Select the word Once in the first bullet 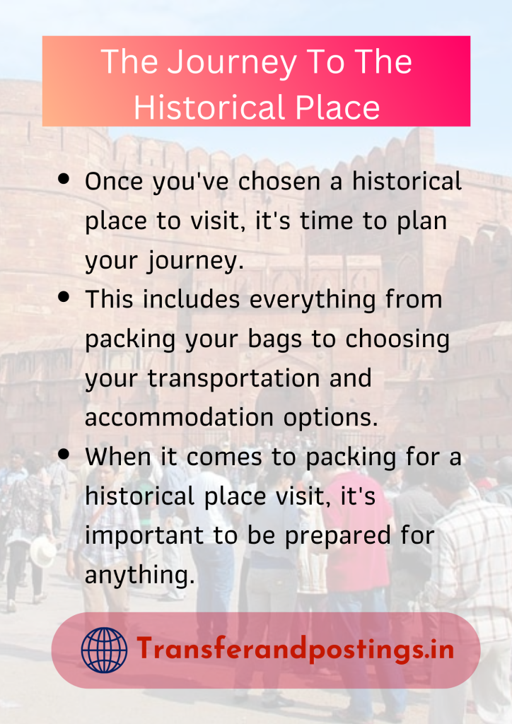(112, 182)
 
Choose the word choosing (397, 339)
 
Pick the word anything (139, 576)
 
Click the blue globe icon (104, 650)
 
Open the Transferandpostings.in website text (295, 649)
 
